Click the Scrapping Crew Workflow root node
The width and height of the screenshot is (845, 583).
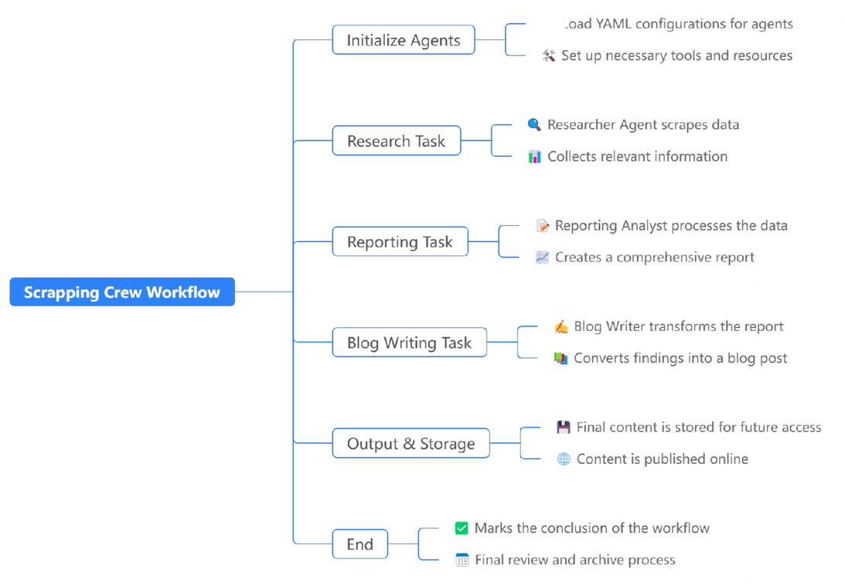(122, 292)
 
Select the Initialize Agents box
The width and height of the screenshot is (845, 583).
(404, 40)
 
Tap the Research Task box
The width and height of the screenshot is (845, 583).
(397, 141)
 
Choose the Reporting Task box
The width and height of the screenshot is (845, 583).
(400, 241)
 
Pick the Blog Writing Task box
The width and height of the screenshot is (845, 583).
(410, 343)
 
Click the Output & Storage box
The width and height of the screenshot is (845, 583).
(411, 443)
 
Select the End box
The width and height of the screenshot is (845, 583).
(360, 544)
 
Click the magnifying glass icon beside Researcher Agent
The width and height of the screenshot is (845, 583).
(534, 124)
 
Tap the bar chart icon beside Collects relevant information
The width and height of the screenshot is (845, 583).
(534, 157)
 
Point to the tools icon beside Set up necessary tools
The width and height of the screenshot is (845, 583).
(549, 56)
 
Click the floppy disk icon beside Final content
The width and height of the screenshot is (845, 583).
(564, 428)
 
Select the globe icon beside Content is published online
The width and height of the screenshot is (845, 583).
(564, 459)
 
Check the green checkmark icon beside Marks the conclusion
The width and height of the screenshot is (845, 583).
(462, 528)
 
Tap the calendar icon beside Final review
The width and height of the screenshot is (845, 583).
(462, 560)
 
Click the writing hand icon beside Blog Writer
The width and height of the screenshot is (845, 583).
(561, 326)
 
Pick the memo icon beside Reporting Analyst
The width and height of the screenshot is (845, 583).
(543, 225)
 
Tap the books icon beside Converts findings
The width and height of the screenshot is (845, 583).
(561, 358)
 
